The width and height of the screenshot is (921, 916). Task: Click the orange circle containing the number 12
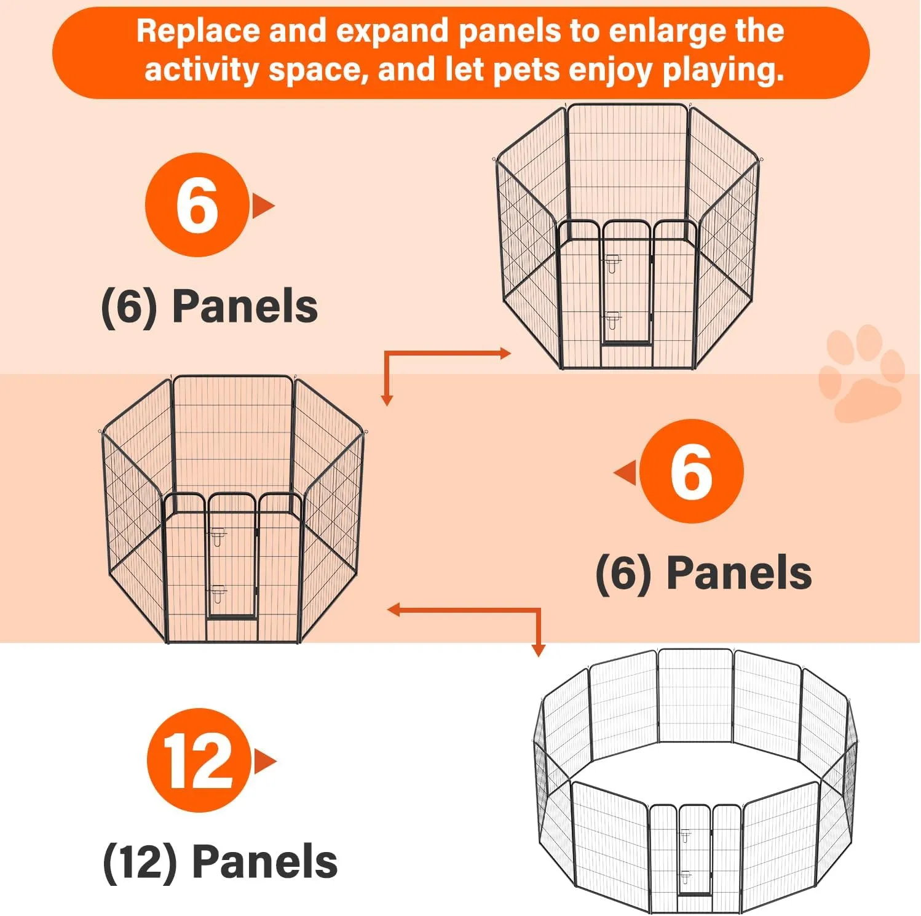pos(199,760)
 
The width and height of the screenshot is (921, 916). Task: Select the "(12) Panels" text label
pos(220,862)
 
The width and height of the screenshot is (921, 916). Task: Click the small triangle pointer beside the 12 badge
pos(265,762)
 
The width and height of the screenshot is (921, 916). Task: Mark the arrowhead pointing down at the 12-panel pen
pos(538,651)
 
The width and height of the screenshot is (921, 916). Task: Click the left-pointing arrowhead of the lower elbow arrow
pos(393,610)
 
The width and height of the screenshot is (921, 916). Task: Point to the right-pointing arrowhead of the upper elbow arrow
pos(505,353)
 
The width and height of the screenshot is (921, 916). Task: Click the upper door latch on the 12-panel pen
pos(685,836)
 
